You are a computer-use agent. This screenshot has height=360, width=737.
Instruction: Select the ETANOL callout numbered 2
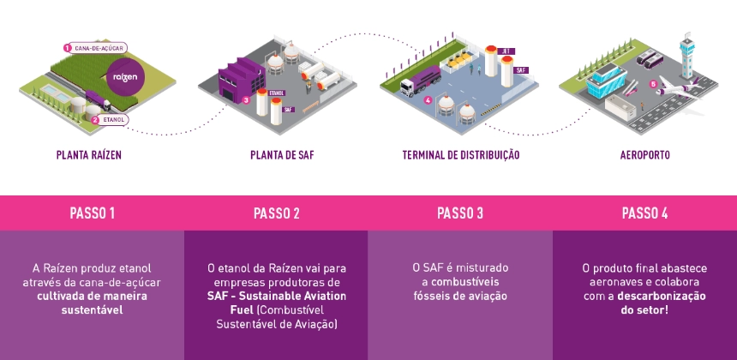coord(109,121)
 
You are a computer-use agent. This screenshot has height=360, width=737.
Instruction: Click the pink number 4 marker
coord(428,99)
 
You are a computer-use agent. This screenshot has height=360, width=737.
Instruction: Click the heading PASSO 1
coord(93,213)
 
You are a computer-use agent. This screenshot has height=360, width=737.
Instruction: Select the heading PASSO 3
coord(460,213)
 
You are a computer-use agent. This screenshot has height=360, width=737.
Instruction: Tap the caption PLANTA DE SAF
coord(276,155)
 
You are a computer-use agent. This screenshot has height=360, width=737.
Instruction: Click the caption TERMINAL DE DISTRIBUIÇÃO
coord(460,155)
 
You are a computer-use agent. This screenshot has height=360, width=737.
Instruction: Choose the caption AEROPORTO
coord(644,155)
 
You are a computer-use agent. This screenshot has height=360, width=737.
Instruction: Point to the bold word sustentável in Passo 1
coord(93,309)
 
